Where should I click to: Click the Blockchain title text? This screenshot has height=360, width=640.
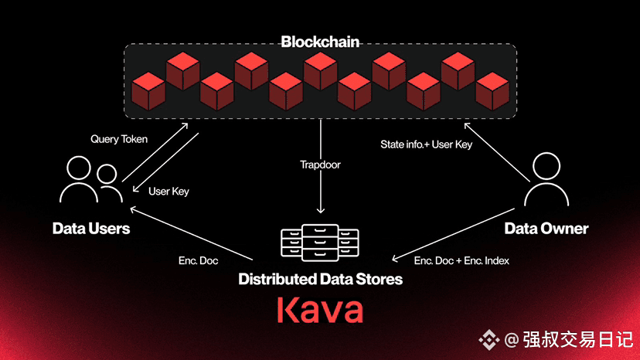coord(320,42)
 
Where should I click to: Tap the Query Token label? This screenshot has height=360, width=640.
coord(119,139)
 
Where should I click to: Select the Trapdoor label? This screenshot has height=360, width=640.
coord(320,165)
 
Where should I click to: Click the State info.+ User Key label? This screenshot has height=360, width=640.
coord(426,144)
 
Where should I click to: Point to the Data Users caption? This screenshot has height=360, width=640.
coord(91,228)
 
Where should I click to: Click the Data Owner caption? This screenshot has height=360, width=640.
coord(546,228)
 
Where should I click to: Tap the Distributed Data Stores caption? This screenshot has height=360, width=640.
coord(321,279)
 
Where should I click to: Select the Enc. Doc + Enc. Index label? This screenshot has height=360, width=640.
coord(461,260)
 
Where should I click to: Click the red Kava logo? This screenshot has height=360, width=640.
coord(320,311)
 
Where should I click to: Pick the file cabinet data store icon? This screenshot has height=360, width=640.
coord(320,243)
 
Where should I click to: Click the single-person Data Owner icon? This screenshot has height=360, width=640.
coord(546,178)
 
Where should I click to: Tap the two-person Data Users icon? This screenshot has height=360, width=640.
coord(90,179)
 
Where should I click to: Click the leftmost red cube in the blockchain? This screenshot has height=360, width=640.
coord(148,91)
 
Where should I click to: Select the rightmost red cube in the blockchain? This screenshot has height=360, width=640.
coord(492,91)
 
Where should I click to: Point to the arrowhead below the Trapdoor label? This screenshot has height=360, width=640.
coord(321,210)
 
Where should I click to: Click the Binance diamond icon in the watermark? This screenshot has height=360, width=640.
coord(489,339)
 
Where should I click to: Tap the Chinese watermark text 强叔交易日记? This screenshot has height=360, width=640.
coord(578,340)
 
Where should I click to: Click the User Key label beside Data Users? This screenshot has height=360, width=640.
coord(169,192)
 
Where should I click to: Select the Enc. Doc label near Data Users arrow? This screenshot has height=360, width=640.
coord(199,260)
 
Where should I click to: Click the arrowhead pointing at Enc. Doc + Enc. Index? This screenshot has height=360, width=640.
coord(395,258)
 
